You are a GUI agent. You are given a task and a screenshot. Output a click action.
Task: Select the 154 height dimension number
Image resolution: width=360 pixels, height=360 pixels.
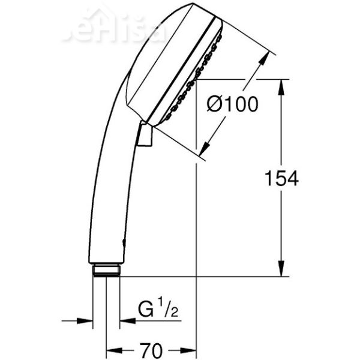281,178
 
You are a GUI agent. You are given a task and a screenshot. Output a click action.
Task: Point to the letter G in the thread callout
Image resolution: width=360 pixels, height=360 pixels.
146,311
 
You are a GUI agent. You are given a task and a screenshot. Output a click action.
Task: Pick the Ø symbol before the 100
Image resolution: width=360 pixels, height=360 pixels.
214,105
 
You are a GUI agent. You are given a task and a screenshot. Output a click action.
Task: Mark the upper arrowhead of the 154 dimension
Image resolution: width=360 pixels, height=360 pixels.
281,85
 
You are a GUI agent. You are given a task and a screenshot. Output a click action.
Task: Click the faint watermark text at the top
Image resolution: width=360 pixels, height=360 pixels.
114,27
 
